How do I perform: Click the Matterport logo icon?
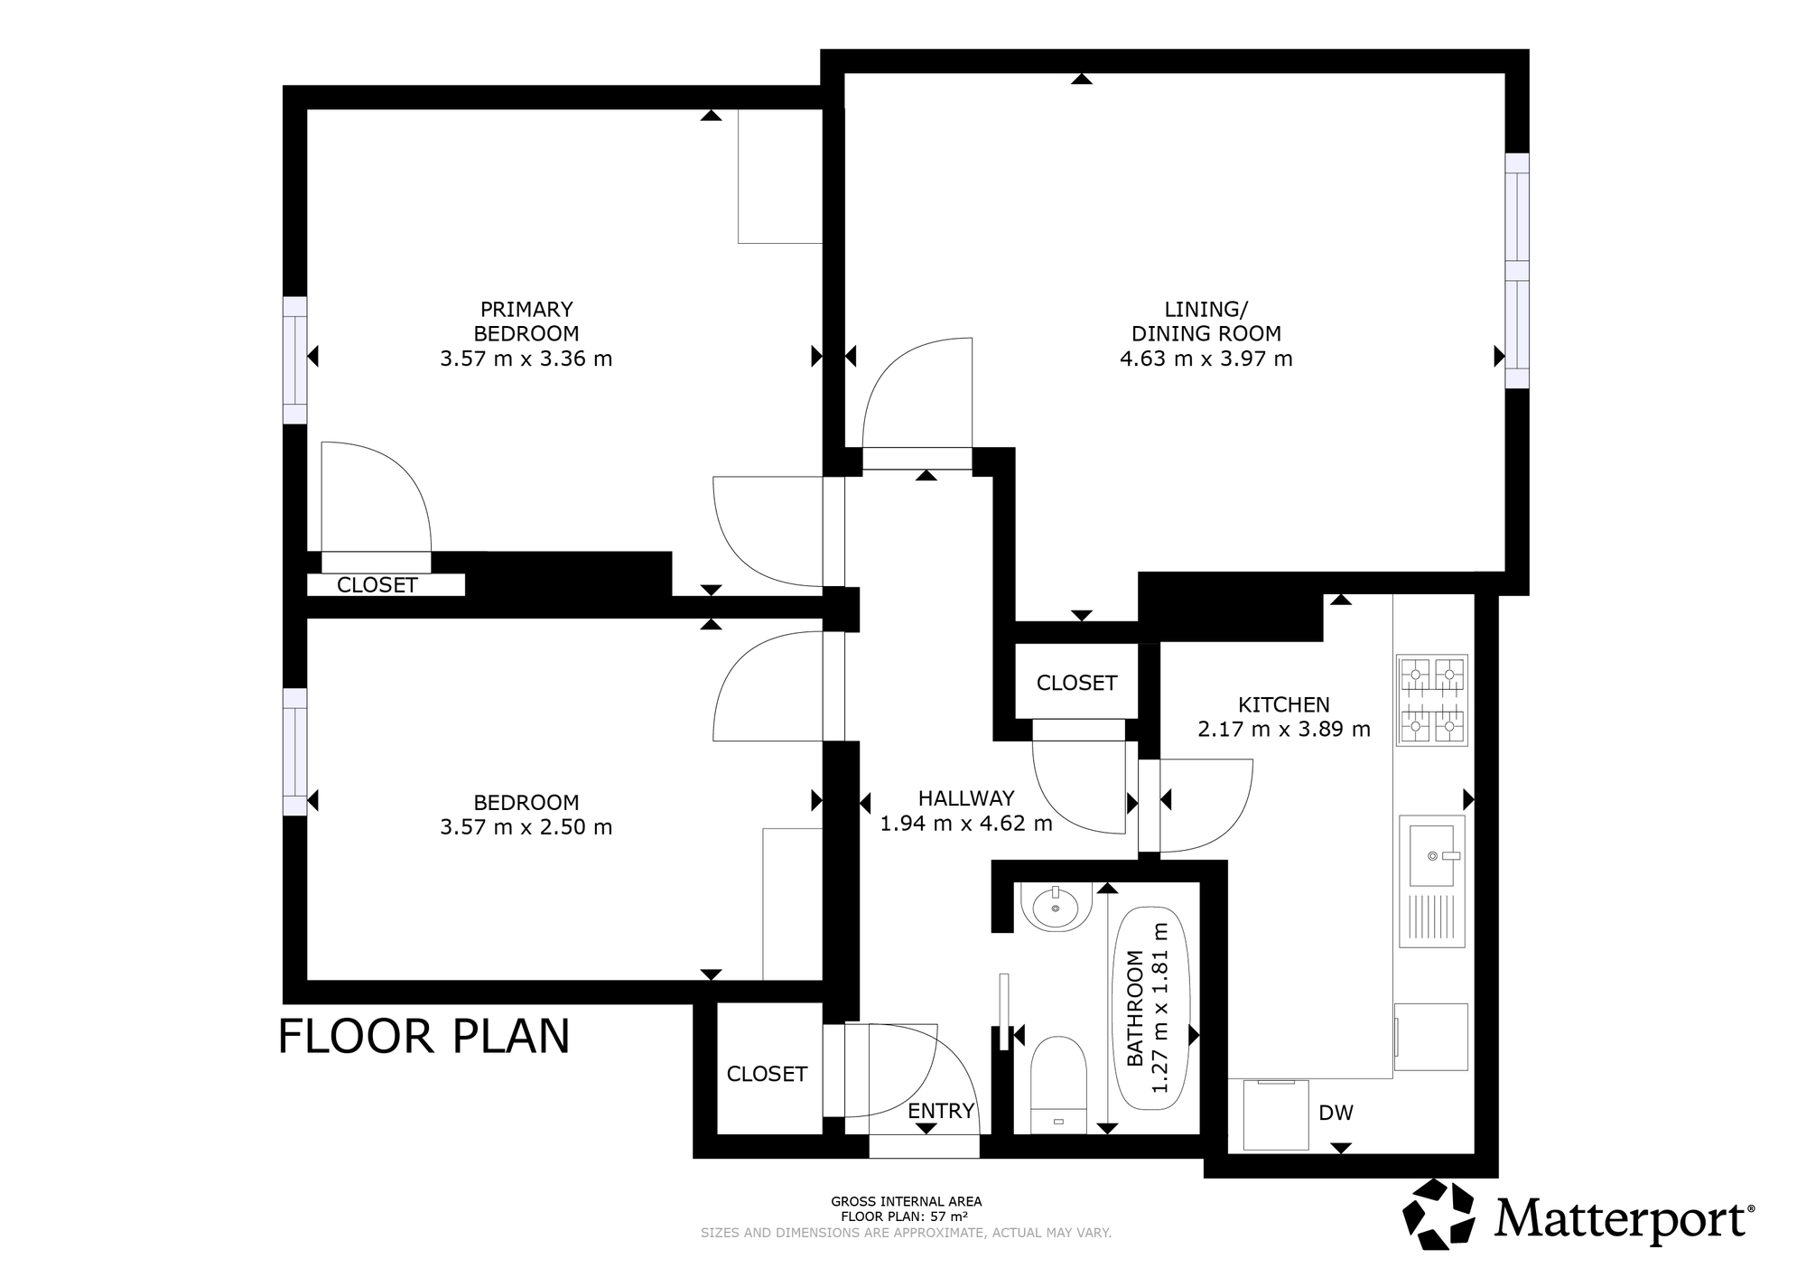point(1441,1214)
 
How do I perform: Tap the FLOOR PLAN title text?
point(424,1036)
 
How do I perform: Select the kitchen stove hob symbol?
point(1432,701)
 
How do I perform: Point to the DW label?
point(1336,1113)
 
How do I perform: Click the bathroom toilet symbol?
point(1058,1084)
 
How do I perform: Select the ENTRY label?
point(941,1111)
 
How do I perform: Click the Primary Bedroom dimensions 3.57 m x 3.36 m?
point(526,359)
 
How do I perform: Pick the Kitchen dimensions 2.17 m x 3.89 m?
point(1284,729)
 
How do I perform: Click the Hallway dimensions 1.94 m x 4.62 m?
point(966,823)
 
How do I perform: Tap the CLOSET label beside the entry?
point(767,1074)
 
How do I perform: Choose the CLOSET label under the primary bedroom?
point(377,585)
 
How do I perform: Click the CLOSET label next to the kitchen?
point(1076,683)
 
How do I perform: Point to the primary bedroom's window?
point(295,360)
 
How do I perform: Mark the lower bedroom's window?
point(295,752)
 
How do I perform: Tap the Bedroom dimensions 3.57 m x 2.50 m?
point(526,827)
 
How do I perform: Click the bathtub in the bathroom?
point(1153,1007)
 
